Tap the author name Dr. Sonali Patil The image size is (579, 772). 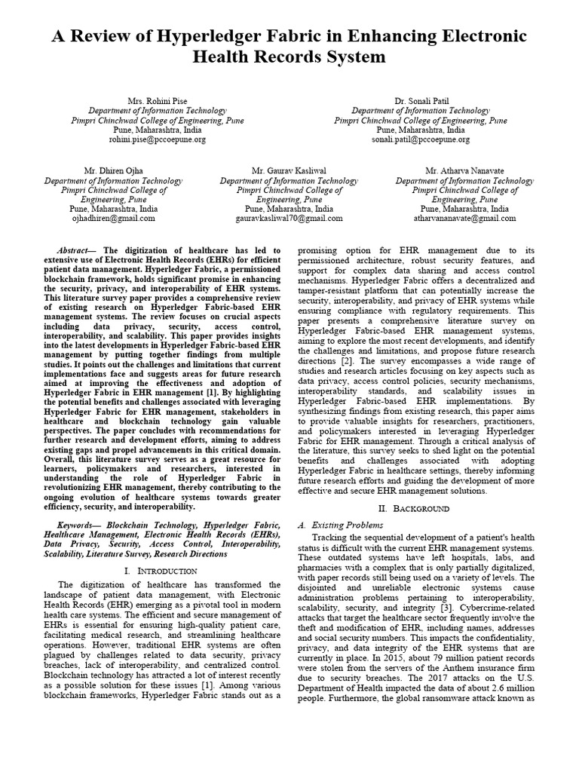[421, 100]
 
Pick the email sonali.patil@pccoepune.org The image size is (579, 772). [421, 139]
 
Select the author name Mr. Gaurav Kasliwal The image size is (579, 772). [289, 171]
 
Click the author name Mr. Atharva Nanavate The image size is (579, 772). [464, 171]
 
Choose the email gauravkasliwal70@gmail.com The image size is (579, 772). [289, 219]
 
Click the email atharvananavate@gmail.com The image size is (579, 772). [464, 219]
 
